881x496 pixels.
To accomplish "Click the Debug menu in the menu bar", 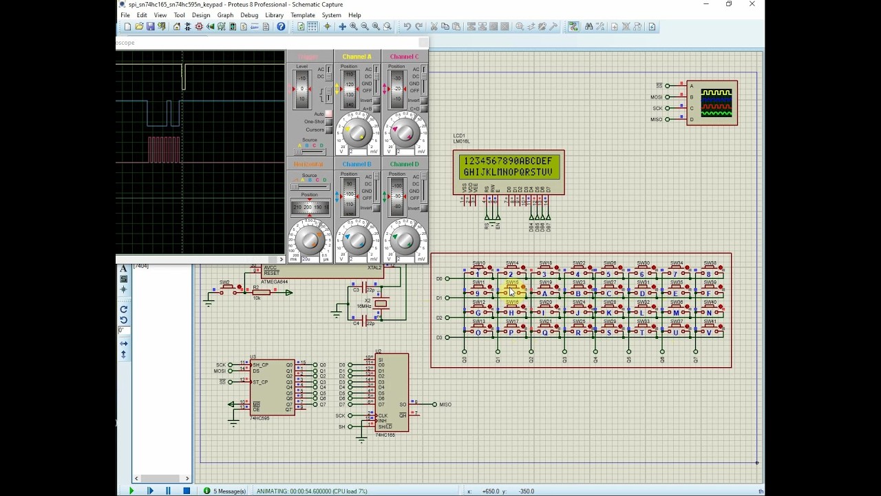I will point(249,15).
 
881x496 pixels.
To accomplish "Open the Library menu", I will point(274,15).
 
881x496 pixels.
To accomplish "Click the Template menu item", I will point(303,15).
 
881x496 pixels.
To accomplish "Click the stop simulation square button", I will point(187,490).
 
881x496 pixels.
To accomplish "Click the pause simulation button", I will point(168,490).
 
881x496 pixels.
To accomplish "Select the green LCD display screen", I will point(509,167).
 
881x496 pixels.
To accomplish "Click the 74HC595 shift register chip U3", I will point(273,387).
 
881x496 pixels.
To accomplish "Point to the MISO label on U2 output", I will point(445,404).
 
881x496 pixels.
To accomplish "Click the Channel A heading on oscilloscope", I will point(357,56).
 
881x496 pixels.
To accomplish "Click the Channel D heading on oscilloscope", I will point(404,164).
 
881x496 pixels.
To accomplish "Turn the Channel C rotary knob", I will point(405,132).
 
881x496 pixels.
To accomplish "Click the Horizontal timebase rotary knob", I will point(310,240).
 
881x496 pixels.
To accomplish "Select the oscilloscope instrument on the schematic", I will point(712,103).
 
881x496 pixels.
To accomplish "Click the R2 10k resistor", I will point(261,293).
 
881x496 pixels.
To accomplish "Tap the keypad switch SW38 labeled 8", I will point(709,271).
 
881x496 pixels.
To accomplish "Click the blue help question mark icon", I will point(281,27).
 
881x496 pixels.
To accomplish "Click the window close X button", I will point(752,4).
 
